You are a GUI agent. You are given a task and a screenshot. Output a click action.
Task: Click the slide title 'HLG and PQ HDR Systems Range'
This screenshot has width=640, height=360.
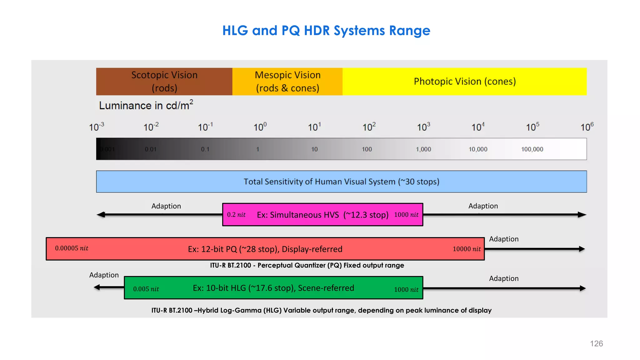(x=326, y=31)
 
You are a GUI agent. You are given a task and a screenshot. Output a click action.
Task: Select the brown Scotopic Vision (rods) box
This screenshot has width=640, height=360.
(x=164, y=82)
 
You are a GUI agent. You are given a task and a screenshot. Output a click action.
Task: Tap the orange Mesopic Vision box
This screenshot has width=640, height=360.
(x=287, y=82)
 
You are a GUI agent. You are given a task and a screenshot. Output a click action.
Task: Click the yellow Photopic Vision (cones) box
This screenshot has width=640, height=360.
(x=465, y=82)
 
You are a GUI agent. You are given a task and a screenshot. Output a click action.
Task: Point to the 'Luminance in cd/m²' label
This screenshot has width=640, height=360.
(x=146, y=105)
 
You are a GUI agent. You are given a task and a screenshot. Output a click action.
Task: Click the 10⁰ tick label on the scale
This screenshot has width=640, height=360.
(x=260, y=127)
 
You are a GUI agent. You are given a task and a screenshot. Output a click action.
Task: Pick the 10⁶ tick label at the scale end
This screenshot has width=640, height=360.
(x=587, y=127)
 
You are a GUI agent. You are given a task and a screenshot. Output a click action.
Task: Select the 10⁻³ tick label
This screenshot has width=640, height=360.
(x=97, y=127)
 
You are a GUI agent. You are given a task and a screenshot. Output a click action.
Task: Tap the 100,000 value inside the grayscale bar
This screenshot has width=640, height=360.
(x=532, y=149)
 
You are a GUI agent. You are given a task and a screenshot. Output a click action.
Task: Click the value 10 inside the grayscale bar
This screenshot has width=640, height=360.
(x=314, y=149)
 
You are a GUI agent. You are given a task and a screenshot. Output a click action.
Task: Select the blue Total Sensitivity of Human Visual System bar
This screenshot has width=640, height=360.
(x=341, y=182)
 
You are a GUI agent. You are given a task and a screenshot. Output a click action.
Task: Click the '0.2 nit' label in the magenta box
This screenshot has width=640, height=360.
(x=236, y=215)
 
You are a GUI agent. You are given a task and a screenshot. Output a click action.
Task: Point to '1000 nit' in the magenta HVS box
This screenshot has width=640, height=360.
(x=406, y=215)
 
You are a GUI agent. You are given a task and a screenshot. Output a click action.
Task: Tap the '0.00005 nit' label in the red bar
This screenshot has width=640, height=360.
(x=72, y=248)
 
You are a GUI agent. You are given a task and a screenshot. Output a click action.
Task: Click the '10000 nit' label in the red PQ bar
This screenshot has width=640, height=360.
(x=467, y=249)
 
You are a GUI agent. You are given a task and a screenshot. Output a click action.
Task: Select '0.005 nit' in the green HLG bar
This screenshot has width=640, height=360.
(x=146, y=289)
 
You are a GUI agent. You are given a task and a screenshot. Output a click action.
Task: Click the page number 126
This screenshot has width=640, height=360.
(x=596, y=344)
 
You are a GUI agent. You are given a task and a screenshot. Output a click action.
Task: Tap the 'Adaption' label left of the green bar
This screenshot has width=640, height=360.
(x=104, y=275)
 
